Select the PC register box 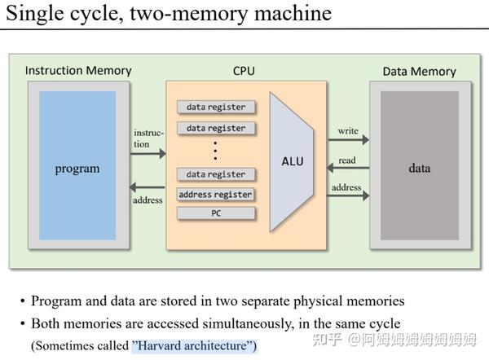(x=215, y=213)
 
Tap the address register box (x=215, y=195)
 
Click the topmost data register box (x=215, y=108)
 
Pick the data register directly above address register (x=215, y=174)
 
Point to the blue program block (x=77, y=169)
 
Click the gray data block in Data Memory (x=419, y=169)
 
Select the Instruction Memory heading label (x=78, y=71)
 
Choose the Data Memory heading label (x=419, y=72)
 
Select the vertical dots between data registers (x=215, y=150)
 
